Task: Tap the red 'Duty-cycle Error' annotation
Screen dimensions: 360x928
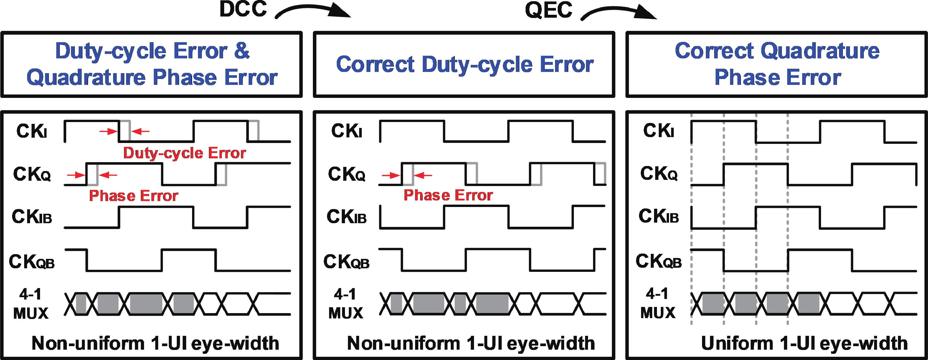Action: (184, 153)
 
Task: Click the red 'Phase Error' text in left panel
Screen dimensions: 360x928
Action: (133, 196)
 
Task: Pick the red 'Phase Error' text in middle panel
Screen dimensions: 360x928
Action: (448, 195)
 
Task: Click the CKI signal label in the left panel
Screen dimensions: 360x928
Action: (32, 131)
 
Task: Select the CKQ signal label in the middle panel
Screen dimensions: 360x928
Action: (346, 174)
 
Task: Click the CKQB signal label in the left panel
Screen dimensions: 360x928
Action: (32, 262)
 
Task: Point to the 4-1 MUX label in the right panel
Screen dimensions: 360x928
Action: (658, 303)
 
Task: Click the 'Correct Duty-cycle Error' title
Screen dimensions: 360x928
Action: (465, 65)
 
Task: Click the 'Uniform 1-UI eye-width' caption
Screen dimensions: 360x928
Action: (804, 343)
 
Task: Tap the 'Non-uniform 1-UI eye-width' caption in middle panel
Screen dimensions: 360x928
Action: (470, 343)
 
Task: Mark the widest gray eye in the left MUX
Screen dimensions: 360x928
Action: (146, 304)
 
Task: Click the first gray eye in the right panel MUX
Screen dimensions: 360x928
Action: (713, 303)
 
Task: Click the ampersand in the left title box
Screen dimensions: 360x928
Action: (242, 51)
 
